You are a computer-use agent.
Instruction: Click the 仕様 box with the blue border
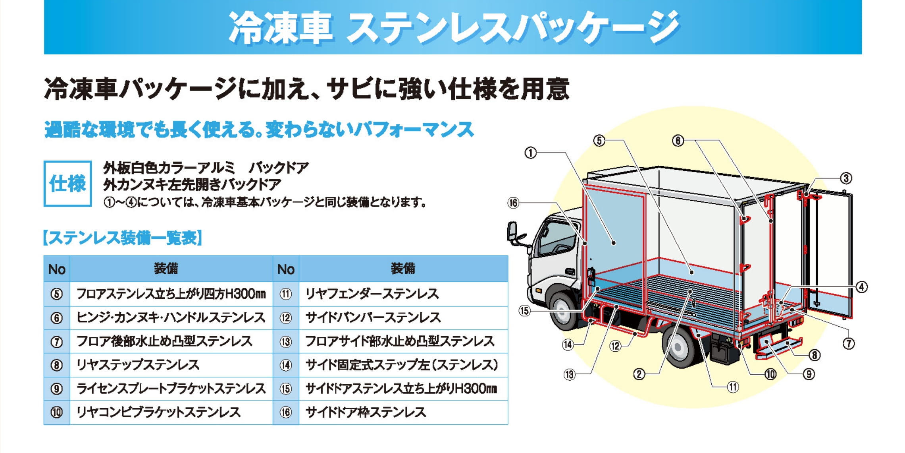[x=68, y=184]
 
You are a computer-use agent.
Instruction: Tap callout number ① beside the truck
[x=530, y=153]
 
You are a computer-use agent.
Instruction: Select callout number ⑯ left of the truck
[x=513, y=203]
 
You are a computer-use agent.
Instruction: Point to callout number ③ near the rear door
[x=846, y=178]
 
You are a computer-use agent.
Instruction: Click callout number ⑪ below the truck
[x=733, y=387]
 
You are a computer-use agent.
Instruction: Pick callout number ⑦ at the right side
[x=848, y=343]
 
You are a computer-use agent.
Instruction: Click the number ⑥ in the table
[x=57, y=318]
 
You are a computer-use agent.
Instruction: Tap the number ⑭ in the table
[x=286, y=365]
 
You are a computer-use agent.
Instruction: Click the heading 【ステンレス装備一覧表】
[x=123, y=238]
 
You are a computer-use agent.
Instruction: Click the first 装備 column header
[x=166, y=269]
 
